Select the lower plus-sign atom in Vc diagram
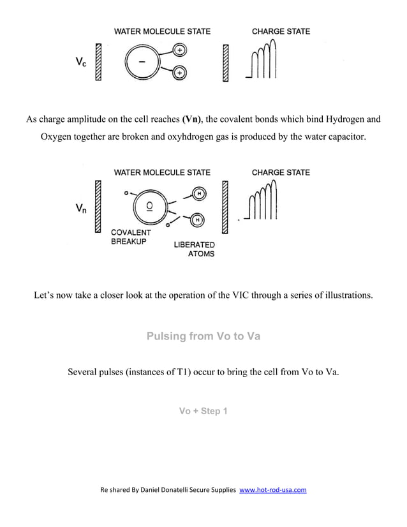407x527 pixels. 180,74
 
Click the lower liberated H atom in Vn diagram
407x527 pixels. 198,220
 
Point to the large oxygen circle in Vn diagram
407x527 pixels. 149,206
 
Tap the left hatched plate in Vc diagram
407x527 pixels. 99,62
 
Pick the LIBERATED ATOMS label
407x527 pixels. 195,249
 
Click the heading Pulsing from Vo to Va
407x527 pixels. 203,336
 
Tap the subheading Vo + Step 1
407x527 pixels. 203,411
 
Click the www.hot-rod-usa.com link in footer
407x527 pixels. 272,490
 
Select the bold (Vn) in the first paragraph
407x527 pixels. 192,119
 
